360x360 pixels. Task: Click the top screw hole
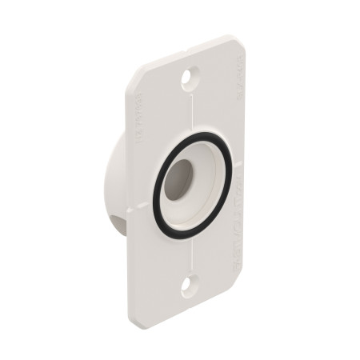pos(190,79)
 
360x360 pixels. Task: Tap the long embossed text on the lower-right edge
pos(240,240)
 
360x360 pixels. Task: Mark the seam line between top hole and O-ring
pos(190,116)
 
